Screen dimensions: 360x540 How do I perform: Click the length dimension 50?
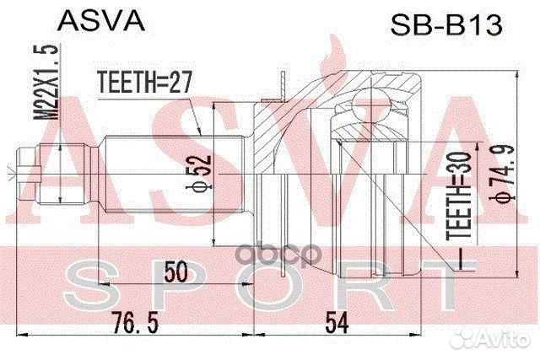[176, 271]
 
